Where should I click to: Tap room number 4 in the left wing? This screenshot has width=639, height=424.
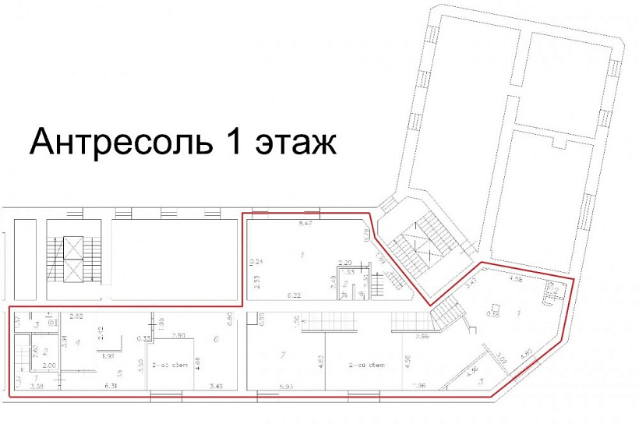77,342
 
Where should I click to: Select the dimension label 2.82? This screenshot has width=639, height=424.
76,316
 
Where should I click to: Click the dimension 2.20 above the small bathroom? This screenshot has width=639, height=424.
345,263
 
